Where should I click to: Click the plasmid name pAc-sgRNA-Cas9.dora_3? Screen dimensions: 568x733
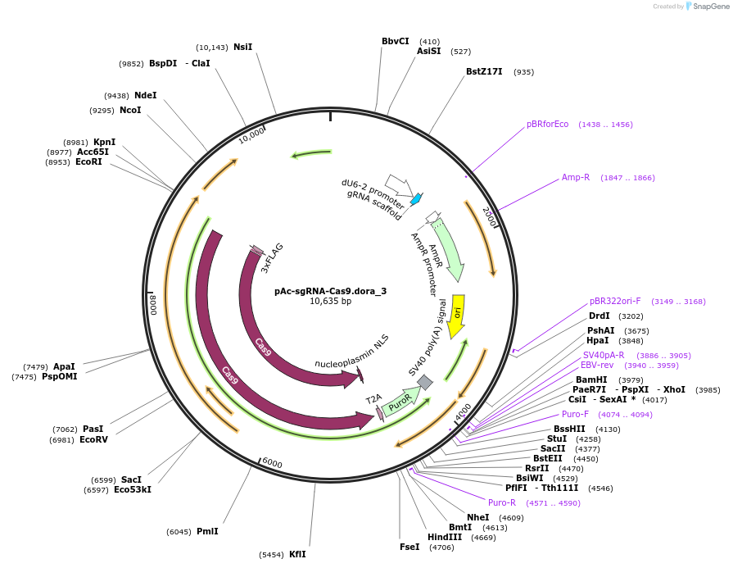point(330,290)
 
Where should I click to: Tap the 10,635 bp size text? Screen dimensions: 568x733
point(330,302)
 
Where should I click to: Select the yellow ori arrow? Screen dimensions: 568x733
point(459,315)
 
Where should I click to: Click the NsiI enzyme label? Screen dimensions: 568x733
point(243,47)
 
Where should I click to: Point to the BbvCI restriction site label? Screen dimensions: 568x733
point(396,41)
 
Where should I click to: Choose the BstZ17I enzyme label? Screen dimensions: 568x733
point(484,71)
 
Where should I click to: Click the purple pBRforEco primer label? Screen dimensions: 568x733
point(547,125)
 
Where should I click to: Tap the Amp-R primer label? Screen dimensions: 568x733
point(576,177)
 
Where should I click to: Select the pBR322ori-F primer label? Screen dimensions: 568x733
point(615,301)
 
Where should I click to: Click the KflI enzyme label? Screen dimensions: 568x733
point(297,554)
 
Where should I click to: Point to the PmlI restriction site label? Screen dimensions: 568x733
point(207,531)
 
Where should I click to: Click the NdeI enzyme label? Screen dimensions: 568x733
point(145,95)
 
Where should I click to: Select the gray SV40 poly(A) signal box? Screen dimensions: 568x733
point(424,382)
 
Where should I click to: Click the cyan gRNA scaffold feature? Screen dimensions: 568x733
point(416,198)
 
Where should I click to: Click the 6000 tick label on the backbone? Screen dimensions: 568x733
point(273,463)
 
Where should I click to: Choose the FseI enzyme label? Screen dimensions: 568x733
point(409,547)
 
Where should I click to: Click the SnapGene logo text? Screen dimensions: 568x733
point(708,7)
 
